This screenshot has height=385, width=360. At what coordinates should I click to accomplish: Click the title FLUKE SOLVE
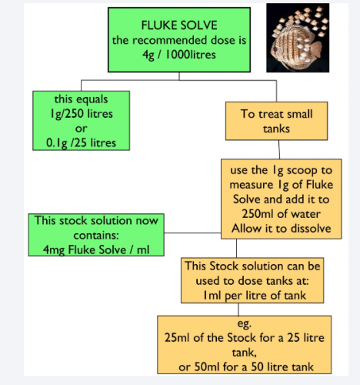click(x=179, y=25)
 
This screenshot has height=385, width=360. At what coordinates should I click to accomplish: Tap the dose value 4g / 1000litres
click(x=179, y=55)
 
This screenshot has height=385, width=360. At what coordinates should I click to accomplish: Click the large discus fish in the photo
click(x=295, y=46)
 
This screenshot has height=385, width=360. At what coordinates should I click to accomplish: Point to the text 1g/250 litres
click(x=82, y=114)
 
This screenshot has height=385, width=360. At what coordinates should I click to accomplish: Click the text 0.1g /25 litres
click(x=81, y=143)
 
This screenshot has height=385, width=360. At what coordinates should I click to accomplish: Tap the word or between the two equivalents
click(x=81, y=129)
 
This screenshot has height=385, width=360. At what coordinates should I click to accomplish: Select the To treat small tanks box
click(x=276, y=121)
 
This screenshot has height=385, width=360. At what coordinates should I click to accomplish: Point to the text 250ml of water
click(x=281, y=214)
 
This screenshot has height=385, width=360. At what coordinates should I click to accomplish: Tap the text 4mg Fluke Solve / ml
click(x=96, y=249)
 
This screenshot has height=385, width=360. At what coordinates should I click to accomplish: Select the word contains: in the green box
click(x=96, y=235)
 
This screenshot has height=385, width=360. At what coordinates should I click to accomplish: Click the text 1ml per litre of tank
click(x=255, y=295)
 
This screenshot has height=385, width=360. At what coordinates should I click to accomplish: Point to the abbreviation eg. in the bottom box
click(x=245, y=324)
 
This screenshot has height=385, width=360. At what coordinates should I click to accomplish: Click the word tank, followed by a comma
click(x=245, y=352)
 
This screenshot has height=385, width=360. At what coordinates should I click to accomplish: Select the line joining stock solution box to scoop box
click(x=192, y=233)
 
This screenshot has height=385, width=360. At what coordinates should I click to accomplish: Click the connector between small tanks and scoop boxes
click(x=279, y=149)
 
